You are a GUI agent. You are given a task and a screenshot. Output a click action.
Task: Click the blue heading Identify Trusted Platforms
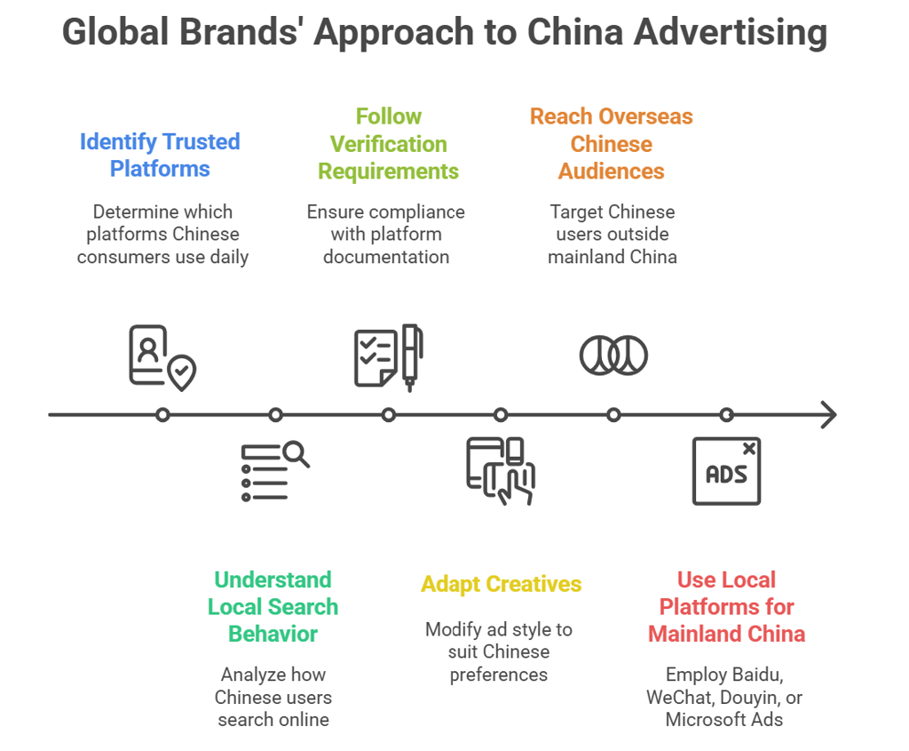coord(160,155)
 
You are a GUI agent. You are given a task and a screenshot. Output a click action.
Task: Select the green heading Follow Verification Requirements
coord(388,143)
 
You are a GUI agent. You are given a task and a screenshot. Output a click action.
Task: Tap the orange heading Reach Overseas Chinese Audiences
coord(611,143)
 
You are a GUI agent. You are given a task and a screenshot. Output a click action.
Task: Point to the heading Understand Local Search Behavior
coord(273,606)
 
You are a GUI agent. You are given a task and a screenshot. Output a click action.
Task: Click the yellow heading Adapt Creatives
coord(501,584)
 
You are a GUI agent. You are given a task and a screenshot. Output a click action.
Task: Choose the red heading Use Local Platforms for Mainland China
coord(726,606)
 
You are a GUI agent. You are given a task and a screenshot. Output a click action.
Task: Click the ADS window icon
coord(726,472)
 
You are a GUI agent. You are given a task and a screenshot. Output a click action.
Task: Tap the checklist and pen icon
coord(388,356)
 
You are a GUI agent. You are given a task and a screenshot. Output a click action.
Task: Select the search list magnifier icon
coord(274,471)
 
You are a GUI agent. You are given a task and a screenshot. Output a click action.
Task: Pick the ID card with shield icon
coord(162,357)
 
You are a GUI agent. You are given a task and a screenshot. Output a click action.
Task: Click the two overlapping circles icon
coord(613,356)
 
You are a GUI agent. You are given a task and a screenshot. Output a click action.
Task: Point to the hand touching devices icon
coord(501,472)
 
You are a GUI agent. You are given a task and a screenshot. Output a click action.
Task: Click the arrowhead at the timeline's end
coord(828,414)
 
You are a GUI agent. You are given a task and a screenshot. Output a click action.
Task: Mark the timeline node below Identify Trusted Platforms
coord(162,414)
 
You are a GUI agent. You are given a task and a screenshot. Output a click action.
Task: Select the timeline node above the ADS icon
coord(726,414)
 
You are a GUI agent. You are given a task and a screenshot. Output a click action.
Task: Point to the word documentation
coord(385,257)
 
